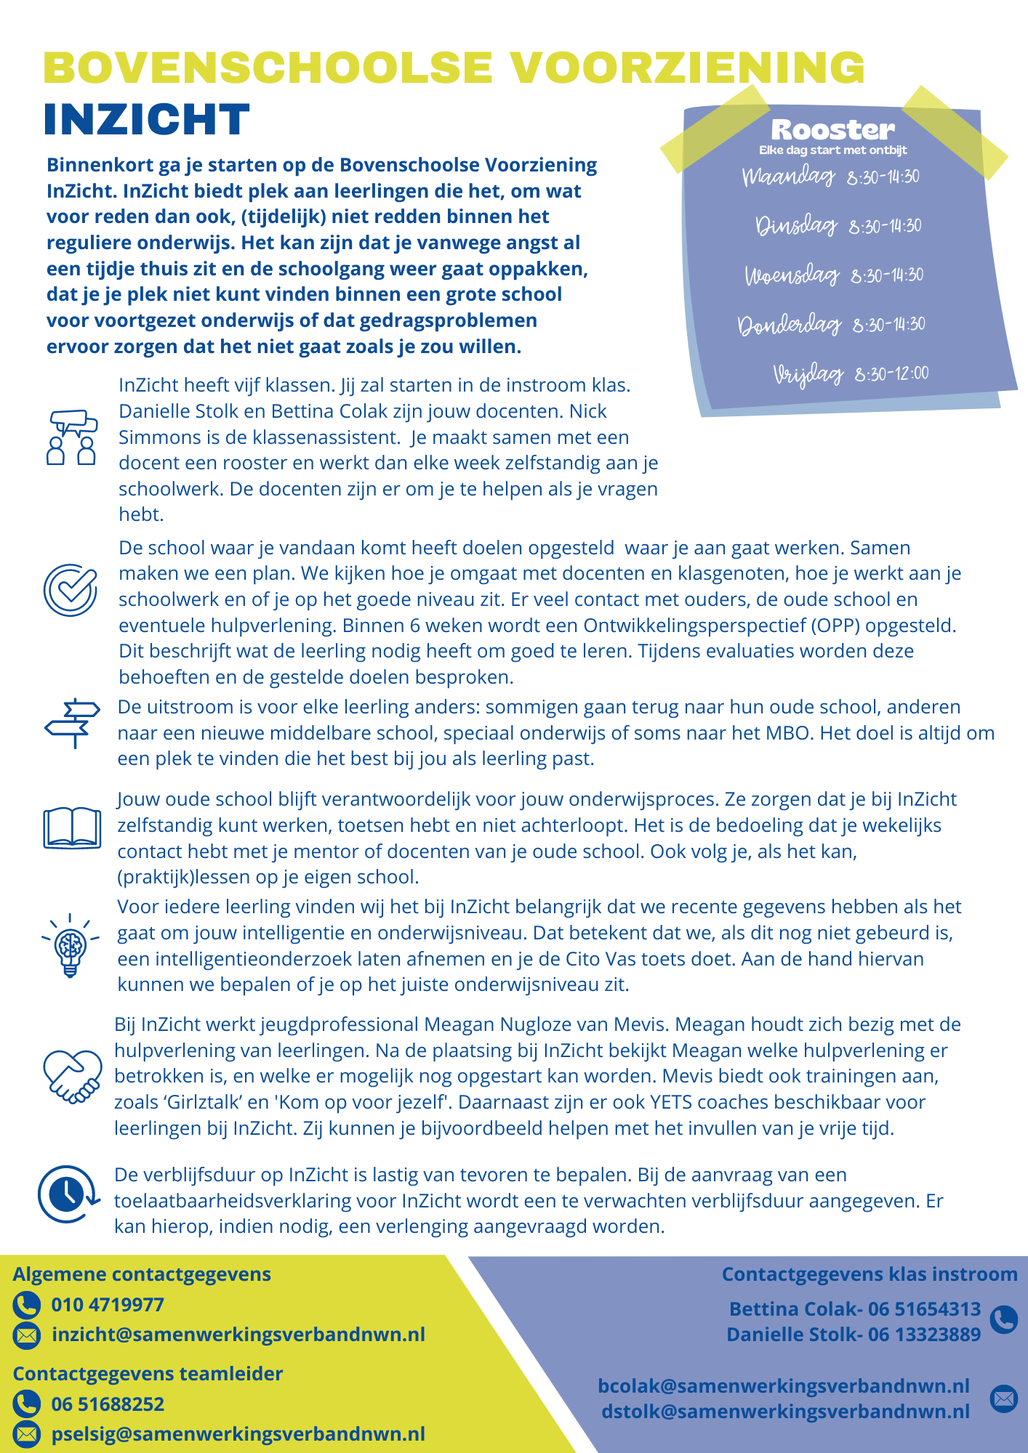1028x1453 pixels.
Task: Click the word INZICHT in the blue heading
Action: pos(146,120)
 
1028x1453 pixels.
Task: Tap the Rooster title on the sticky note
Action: pos(832,130)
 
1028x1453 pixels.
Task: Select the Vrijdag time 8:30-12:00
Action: pos(891,374)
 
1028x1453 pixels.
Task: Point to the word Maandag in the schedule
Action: pos(789,177)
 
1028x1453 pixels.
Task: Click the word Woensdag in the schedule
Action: pos(792,275)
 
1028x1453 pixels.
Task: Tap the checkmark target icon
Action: pos(71,589)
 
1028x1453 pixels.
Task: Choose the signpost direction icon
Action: pos(72,723)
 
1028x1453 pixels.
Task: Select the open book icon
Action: pos(72,827)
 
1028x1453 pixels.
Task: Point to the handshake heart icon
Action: pos(72,1076)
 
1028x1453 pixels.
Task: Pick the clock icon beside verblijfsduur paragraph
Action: pos(68,1194)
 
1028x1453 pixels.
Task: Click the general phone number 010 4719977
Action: pos(108,1305)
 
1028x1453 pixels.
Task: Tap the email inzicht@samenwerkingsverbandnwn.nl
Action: pos(238,1335)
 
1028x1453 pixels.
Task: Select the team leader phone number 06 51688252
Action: pos(108,1404)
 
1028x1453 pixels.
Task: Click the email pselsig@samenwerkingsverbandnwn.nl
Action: pos(238,1434)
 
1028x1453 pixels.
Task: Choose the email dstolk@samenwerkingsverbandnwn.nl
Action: pos(785,1411)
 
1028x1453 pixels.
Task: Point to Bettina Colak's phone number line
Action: pos(855,1308)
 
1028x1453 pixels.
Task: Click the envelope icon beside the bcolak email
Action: pos(1004,1398)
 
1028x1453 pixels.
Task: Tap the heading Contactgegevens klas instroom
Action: pos(870,1274)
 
